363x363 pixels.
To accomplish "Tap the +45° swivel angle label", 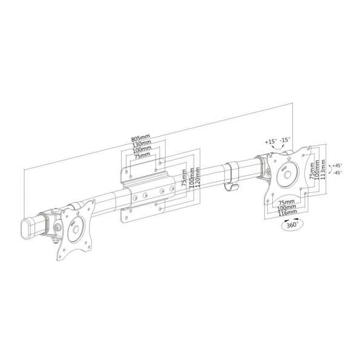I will [x=336, y=165].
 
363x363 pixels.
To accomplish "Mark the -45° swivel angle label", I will [x=337, y=173].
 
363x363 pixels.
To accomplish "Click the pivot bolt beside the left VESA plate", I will [x=56, y=228].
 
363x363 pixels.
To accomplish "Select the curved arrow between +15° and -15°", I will [x=278, y=146].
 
